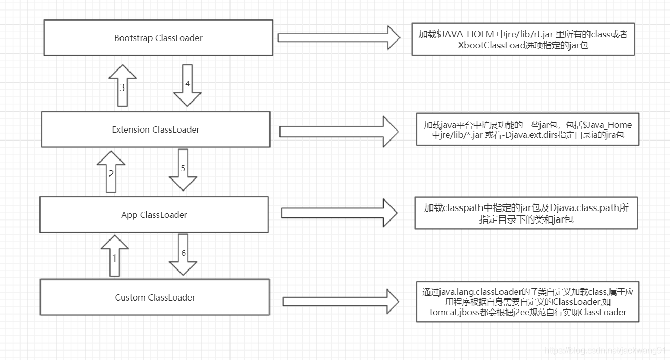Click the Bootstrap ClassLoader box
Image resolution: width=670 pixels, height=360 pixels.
pyautogui.click(x=158, y=38)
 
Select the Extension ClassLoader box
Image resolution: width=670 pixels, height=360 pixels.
pyautogui.click(x=155, y=129)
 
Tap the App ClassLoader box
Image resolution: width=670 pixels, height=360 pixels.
pyautogui.click(x=154, y=214)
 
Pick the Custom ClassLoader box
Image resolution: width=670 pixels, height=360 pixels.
pyautogui.click(x=155, y=297)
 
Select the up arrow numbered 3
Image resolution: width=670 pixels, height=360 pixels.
pyautogui.click(x=123, y=86)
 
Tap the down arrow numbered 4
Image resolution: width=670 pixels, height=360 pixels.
pyautogui.click(x=187, y=85)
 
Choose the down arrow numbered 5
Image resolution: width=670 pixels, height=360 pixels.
pyautogui.click(x=183, y=170)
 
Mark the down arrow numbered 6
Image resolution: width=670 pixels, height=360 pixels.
pyautogui.click(x=183, y=255)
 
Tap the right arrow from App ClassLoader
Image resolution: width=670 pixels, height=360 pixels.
pyautogui.click(x=339, y=213)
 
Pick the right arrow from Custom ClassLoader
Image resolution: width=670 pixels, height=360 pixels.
pyautogui.click(x=340, y=302)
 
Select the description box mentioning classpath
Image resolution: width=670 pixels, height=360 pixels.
pyautogui.click(x=526, y=213)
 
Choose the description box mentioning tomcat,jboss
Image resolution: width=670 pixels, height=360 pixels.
pyautogui.click(x=528, y=302)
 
